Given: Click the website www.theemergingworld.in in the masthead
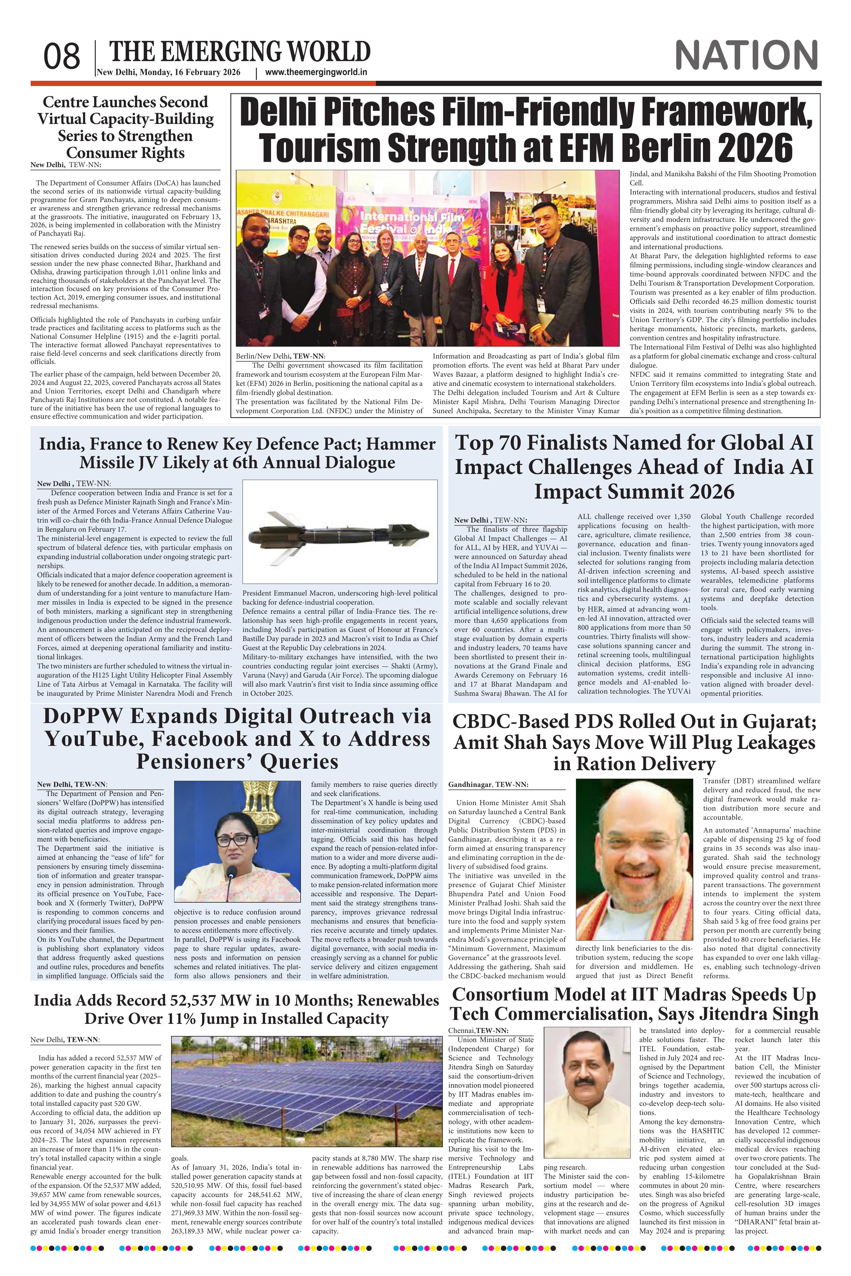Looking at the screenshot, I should coord(316,72).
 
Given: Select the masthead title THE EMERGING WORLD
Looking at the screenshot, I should coord(240,52).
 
